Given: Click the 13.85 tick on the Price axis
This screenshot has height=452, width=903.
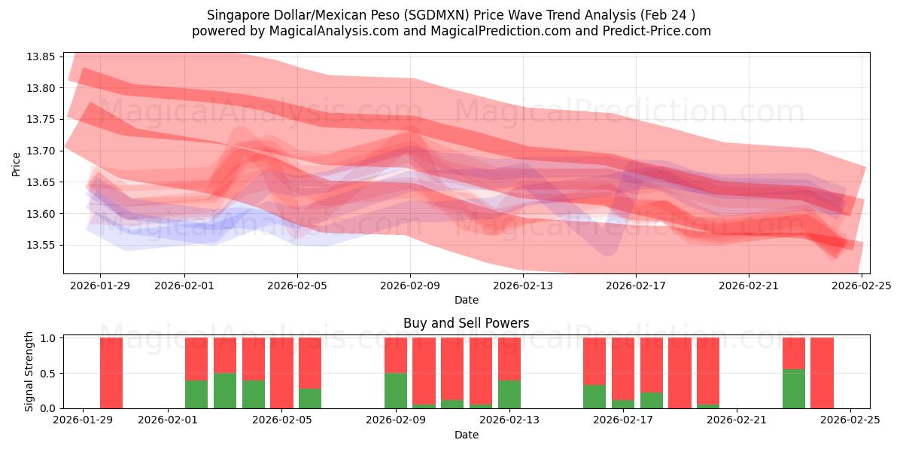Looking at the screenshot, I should point(42,57).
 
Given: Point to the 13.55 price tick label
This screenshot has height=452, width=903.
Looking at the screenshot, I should point(42,246).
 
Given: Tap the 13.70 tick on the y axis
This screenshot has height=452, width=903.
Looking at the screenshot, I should point(42,151).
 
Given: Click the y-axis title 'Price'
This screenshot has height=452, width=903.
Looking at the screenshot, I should point(16,163).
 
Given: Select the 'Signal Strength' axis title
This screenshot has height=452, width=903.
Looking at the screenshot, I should point(29,371).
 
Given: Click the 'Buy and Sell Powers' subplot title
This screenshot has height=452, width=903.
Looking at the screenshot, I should point(466,323).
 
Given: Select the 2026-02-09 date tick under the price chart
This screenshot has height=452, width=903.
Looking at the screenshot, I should point(410,286).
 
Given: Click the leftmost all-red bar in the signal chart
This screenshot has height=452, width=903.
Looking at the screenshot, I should point(111,373).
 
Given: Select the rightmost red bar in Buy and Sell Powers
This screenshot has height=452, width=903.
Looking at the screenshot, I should point(822,373).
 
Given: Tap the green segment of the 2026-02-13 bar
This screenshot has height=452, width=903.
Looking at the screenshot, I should point(509,394).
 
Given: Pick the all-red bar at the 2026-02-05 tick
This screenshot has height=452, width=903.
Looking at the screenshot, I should point(281,373).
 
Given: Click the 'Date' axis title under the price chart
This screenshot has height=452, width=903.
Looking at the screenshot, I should point(466,300).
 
